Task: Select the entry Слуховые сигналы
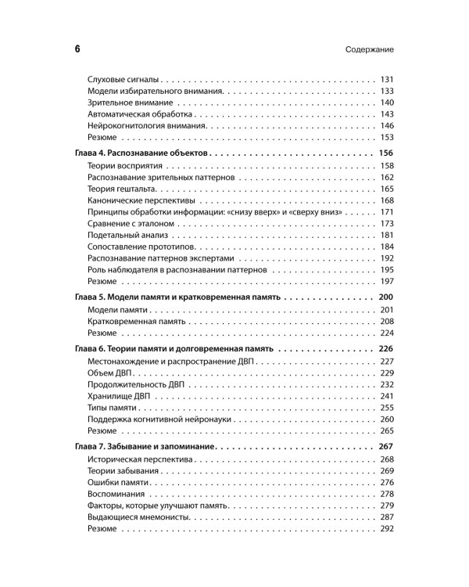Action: pyautogui.click(x=124, y=80)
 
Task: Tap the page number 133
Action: pyautogui.click(x=386, y=92)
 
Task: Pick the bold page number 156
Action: pyautogui.click(x=385, y=153)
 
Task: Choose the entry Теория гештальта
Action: pyautogui.click(x=123, y=189)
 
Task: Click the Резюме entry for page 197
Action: pyautogui.click(x=102, y=281)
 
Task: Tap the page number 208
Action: pyautogui.click(x=386, y=322)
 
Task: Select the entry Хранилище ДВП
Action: pyautogui.click(x=120, y=396)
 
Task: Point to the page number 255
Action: pyautogui.click(x=386, y=408)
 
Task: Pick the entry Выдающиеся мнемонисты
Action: pyautogui.click(x=139, y=517)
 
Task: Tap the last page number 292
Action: pyautogui.click(x=386, y=529)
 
